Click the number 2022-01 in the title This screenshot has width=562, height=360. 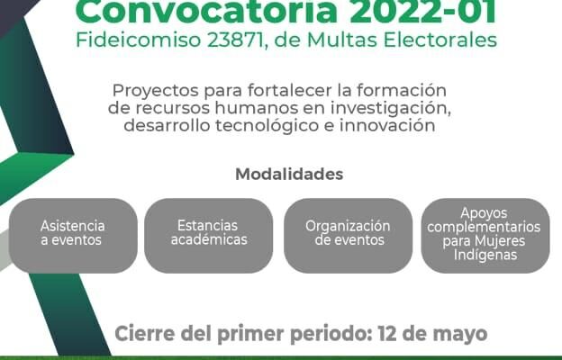pos(423,12)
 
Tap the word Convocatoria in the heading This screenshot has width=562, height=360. pos(207,12)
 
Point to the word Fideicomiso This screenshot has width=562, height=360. pos(139,40)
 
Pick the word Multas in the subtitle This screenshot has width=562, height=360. pos(342,40)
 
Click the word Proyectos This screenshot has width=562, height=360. pos(156,91)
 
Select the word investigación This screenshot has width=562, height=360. pos(390,109)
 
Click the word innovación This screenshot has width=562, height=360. pos(387,125)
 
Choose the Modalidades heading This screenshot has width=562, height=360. pos(289,175)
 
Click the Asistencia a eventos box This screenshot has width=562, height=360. pos(73,236)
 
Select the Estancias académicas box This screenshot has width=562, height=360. pos(209,236)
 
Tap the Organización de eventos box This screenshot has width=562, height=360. pos(348,236)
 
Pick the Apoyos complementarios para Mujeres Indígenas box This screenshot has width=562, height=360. pos(485,236)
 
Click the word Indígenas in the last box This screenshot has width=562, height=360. pos(485,255)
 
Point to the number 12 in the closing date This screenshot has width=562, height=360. pos(386,334)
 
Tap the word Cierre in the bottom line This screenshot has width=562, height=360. pos(146,334)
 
